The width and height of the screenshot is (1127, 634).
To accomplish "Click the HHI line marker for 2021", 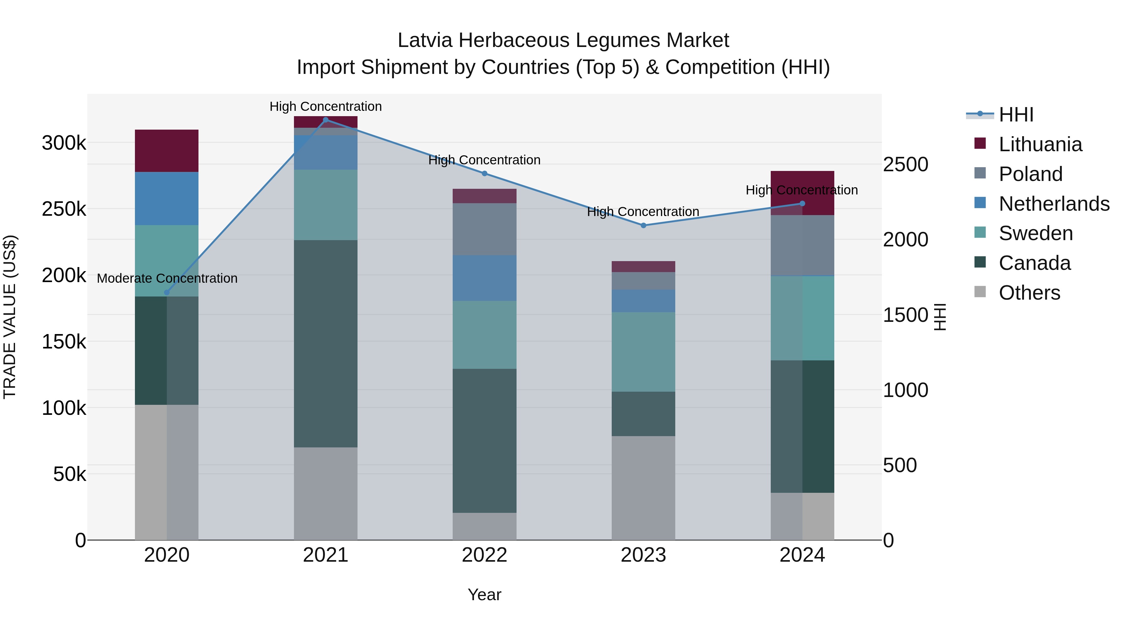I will coord(326,120).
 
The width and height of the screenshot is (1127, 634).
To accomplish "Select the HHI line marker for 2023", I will coord(643,225).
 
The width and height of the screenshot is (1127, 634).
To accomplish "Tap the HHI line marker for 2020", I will coord(167,292).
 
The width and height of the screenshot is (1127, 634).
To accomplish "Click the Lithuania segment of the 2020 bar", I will coord(167,151).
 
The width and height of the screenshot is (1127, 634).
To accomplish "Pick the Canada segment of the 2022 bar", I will coord(484,440).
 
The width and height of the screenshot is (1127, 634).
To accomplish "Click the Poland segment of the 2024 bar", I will coord(802,245).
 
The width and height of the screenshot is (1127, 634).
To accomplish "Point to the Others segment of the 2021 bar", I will coord(326,493).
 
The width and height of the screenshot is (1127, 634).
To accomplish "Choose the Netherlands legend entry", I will coord(1054,204).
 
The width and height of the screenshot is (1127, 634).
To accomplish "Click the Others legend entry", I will coord(1029,293).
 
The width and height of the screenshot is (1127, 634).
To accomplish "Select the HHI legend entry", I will coord(1016,115).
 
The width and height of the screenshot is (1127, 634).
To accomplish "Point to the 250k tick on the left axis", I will coord(64,209).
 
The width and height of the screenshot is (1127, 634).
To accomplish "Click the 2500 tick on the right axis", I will coord(905,164).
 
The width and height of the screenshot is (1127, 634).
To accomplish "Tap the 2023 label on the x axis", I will coord(643,555).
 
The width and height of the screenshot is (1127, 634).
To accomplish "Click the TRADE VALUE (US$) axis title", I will coord(10,317).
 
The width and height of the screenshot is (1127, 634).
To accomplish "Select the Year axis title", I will coord(484,595).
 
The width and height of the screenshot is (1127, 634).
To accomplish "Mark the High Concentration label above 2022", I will coord(484,160).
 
